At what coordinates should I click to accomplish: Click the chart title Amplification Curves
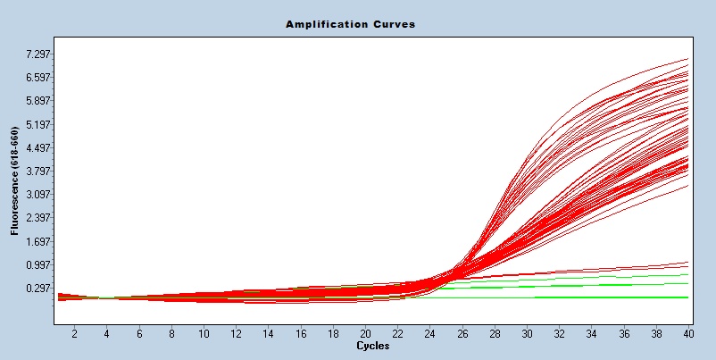(350, 24)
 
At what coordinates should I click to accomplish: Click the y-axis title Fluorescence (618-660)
(15, 181)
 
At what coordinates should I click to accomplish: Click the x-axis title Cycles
(372, 345)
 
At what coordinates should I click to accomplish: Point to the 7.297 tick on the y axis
(40, 54)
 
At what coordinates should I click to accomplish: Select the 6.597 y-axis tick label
(40, 78)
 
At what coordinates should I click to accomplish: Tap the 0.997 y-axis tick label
(40, 265)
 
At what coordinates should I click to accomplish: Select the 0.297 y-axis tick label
(40, 289)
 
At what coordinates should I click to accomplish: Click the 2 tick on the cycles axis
(74, 333)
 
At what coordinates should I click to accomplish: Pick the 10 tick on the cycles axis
(204, 333)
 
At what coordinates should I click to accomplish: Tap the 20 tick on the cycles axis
(365, 333)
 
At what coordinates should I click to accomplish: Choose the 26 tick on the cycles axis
(462, 333)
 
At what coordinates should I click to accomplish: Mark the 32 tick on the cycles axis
(559, 333)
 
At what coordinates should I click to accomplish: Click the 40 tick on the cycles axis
(687, 333)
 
